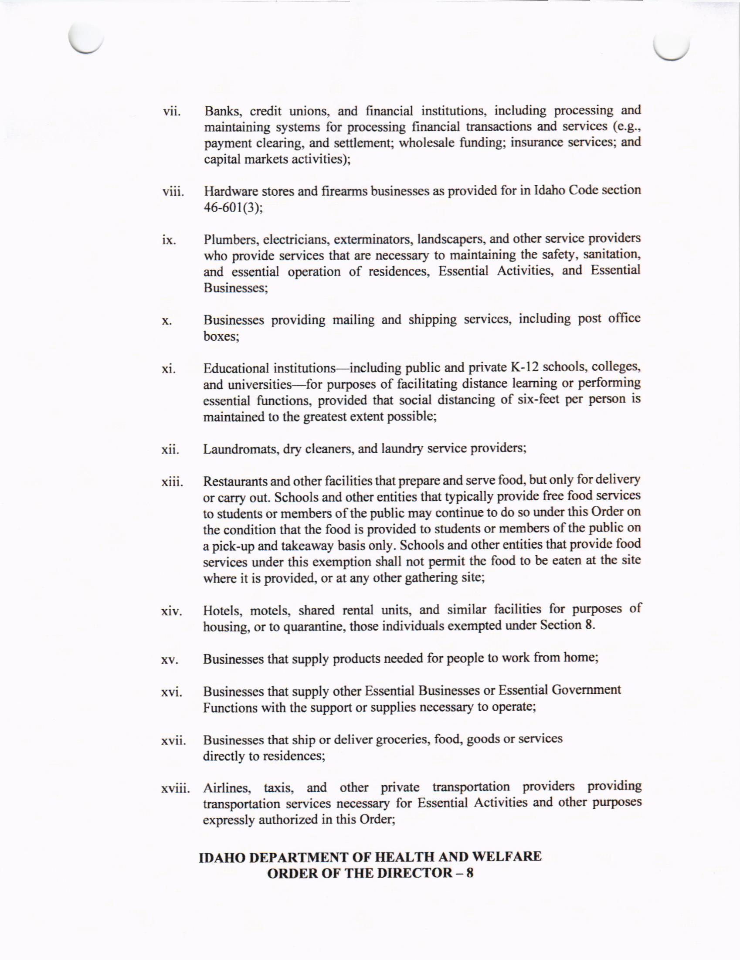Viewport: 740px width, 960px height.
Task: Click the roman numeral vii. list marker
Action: point(171,112)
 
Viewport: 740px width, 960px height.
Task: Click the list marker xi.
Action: point(168,369)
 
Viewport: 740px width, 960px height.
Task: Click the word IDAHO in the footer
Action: point(222,857)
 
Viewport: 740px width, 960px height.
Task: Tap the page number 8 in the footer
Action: point(469,873)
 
